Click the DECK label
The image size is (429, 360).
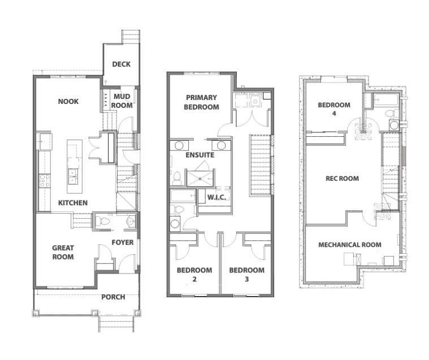pyautogui.click(x=121, y=64)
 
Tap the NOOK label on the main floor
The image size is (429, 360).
pyautogui.click(x=68, y=102)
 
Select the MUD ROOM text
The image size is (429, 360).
pyautogui.click(x=122, y=101)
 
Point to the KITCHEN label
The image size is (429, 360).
pyautogui.click(x=73, y=203)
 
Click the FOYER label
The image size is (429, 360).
pyautogui.click(x=123, y=242)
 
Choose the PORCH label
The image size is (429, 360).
pyautogui.click(x=113, y=297)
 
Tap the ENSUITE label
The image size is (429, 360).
pyautogui.click(x=200, y=155)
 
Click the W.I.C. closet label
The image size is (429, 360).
pyautogui.click(x=216, y=197)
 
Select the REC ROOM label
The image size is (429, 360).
pyautogui.click(x=343, y=179)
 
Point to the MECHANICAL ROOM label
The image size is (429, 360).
pyautogui.click(x=350, y=245)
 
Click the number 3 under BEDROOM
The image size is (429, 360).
pyautogui.click(x=247, y=279)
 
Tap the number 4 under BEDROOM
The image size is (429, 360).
pyautogui.click(x=334, y=113)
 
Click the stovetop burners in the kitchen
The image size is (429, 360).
pyautogui.click(x=45, y=181)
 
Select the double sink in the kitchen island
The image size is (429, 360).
pyautogui.click(x=73, y=176)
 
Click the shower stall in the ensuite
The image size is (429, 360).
pyautogui.click(x=200, y=179)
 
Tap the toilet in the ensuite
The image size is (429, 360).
pyautogui.click(x=177, y=179)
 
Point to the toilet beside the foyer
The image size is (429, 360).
pyautogui.click(x=102, y=221)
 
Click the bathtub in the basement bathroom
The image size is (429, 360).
pyautogui.click(x=386, y=99)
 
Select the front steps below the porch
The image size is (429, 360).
pyautogui.click(x=116, y=324)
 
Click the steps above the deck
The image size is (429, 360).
pyautogui.click(x=131, y=36)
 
